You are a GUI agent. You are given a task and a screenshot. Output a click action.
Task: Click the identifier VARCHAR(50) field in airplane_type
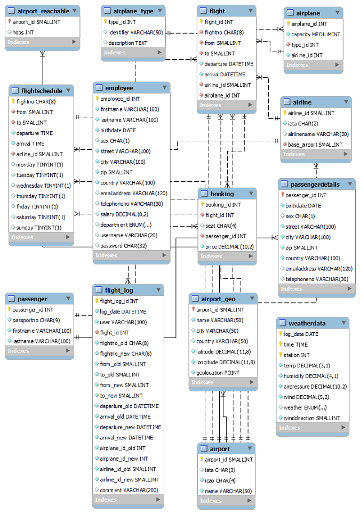coord(135,33)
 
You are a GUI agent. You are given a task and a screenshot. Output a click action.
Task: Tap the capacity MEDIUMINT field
coord(316,34)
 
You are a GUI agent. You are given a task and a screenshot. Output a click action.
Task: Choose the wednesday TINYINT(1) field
coord(44,186)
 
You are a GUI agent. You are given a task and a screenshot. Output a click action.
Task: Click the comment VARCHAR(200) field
coord(129,490)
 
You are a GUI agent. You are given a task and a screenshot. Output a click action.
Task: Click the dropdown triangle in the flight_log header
coord(158,290)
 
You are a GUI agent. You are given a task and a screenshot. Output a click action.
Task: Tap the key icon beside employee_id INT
coord(97,99)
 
